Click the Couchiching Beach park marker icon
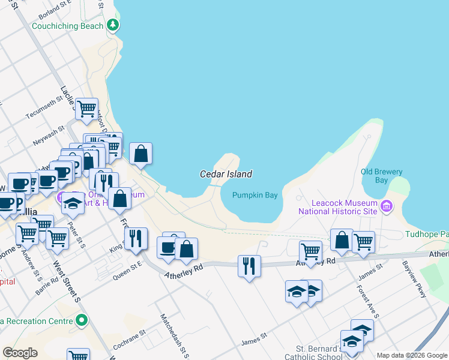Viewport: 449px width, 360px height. point(112,25)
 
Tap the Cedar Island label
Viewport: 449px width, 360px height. point(226,174)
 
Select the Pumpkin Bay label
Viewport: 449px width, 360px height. point(255,195)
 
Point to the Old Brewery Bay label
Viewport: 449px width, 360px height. point(382,176)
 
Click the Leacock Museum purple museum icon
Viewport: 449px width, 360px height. point(386,208)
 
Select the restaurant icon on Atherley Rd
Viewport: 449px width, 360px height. point(249,265)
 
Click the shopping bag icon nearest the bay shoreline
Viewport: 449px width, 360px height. point(140,154)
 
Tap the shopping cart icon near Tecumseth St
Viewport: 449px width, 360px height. point(86,109)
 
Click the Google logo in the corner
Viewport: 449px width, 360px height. point(20,353)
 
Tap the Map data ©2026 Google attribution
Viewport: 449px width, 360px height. point(412,355)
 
